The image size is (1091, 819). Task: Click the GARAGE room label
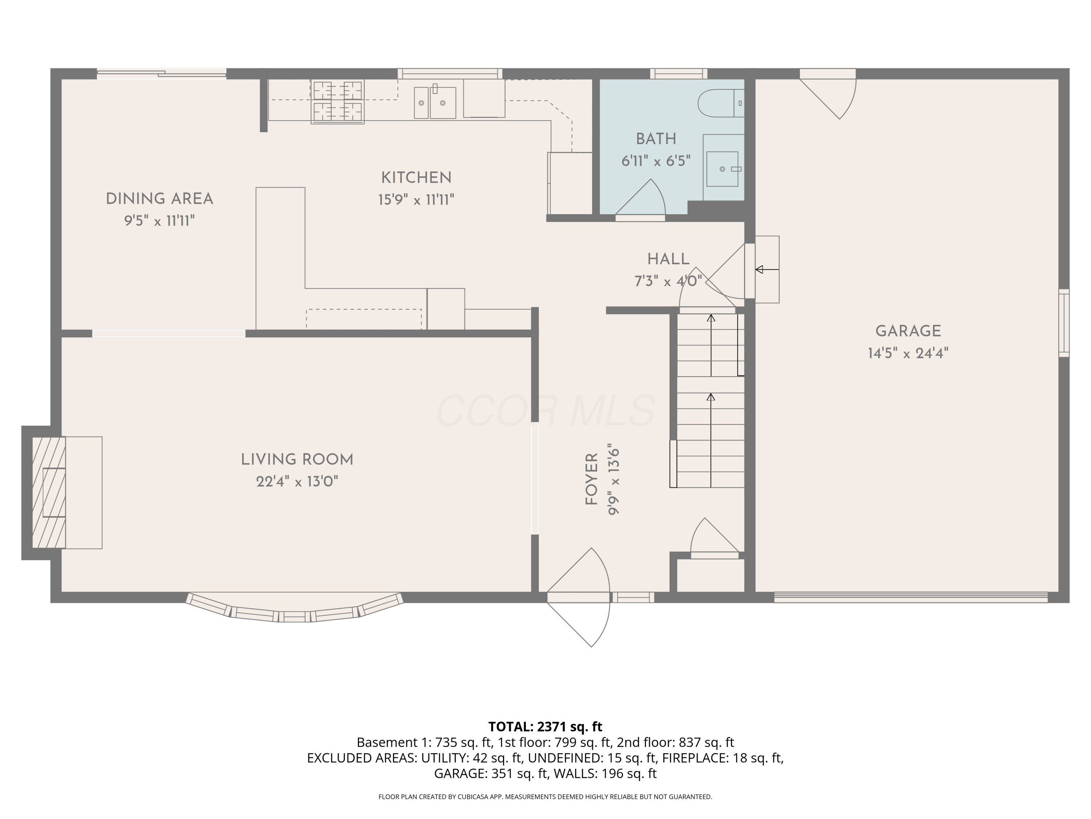908,331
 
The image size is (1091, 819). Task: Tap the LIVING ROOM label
297,460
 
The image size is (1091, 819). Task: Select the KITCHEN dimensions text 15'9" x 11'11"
416,200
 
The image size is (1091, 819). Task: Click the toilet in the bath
720,103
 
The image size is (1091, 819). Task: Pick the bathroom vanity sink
723,169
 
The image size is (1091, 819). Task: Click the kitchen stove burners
337,102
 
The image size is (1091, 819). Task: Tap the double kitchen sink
435,103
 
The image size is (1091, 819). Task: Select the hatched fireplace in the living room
49,492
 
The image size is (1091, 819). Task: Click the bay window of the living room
295,609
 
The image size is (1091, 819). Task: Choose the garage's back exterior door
828,94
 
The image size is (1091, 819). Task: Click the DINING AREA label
159,199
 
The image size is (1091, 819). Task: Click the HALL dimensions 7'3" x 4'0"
668,281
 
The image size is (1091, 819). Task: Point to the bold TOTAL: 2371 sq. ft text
545,727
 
